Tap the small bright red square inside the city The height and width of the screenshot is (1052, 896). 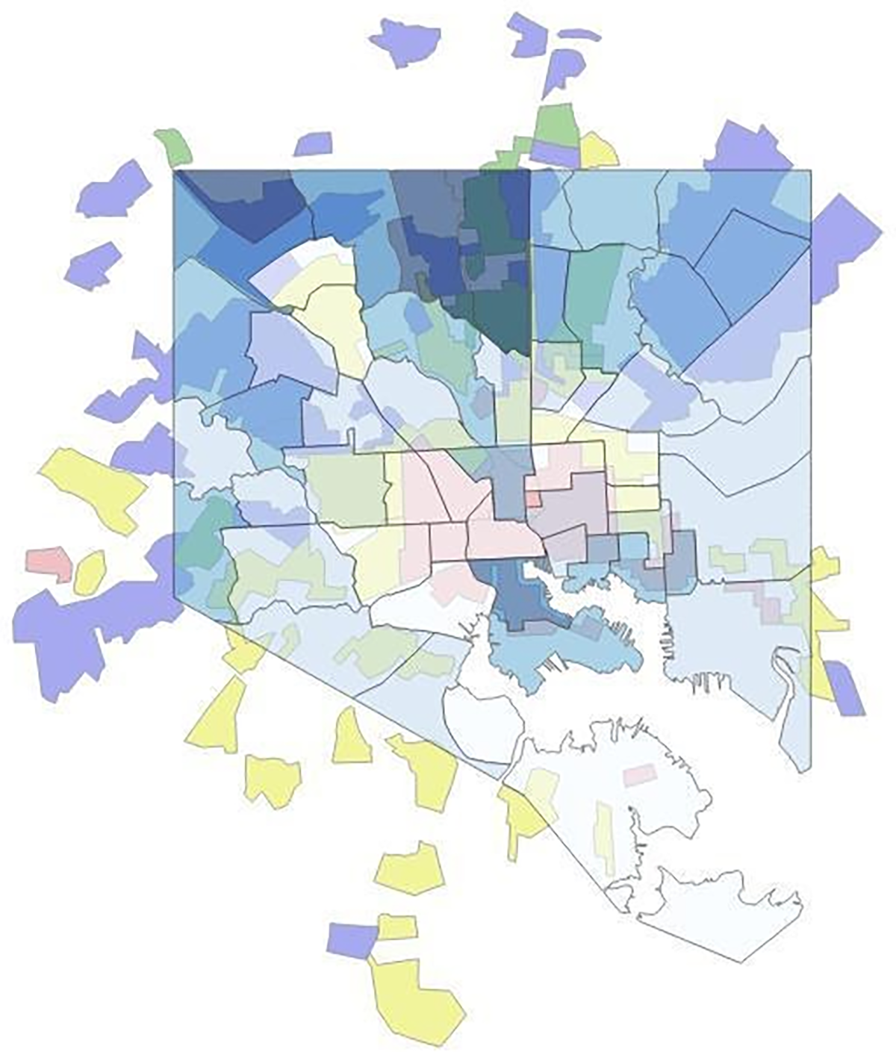(x=534, y=498)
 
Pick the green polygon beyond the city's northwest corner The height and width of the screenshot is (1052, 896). (x=174, y=146)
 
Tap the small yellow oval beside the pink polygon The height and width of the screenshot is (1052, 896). (x=90, y=573)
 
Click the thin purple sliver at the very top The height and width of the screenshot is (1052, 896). (x=579, y=34)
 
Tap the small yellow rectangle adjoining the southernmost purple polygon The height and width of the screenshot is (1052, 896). (x=396, y=927)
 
